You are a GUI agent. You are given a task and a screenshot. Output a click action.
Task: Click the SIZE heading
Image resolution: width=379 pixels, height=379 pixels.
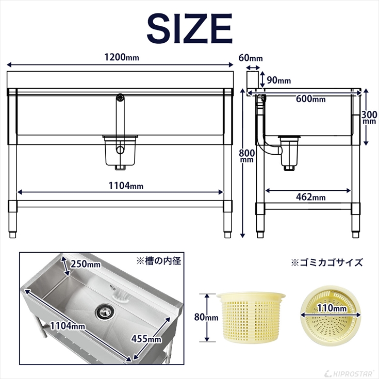pos(189,29)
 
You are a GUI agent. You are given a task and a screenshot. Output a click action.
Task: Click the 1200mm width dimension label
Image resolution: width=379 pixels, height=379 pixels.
pos(122,57)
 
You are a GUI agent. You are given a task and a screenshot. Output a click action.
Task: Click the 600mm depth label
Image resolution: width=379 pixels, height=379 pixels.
pos(311,99)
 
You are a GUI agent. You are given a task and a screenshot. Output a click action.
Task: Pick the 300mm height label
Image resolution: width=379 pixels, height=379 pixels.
pos(369,118)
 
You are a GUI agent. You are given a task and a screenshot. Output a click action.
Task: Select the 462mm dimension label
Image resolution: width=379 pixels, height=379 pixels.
pos(311,197)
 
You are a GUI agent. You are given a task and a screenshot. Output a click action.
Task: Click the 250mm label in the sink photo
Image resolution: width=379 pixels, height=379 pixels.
pos(86,265)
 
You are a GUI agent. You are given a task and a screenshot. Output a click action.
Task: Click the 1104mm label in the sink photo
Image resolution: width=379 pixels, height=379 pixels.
pos(67,326)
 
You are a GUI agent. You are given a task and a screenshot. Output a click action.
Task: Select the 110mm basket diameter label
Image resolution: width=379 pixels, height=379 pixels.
pos(331,308)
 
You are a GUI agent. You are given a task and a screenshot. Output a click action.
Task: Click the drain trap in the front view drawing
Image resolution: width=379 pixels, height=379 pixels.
pos(122,152)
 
